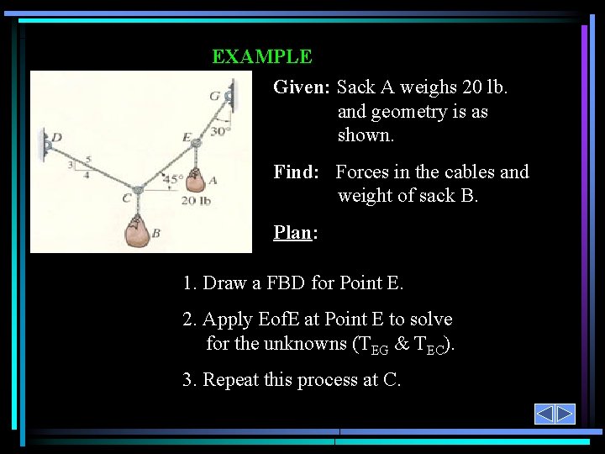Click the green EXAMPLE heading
(x=261, y=57)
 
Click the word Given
(x=301, y=87)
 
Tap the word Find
(x=294, y=172)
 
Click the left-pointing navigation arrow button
(x=544, y=414)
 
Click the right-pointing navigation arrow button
(x=565, y=414)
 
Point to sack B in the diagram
(x=136, y=233)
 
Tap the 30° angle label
(x=220, y=131)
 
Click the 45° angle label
(x=173, y=180)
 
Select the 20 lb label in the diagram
(x=195, y=200)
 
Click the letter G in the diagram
(x=215, y=96)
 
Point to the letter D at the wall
(x=57, y=137)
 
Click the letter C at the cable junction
(x=125, y=198)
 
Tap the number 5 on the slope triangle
(x=88, y=159)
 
